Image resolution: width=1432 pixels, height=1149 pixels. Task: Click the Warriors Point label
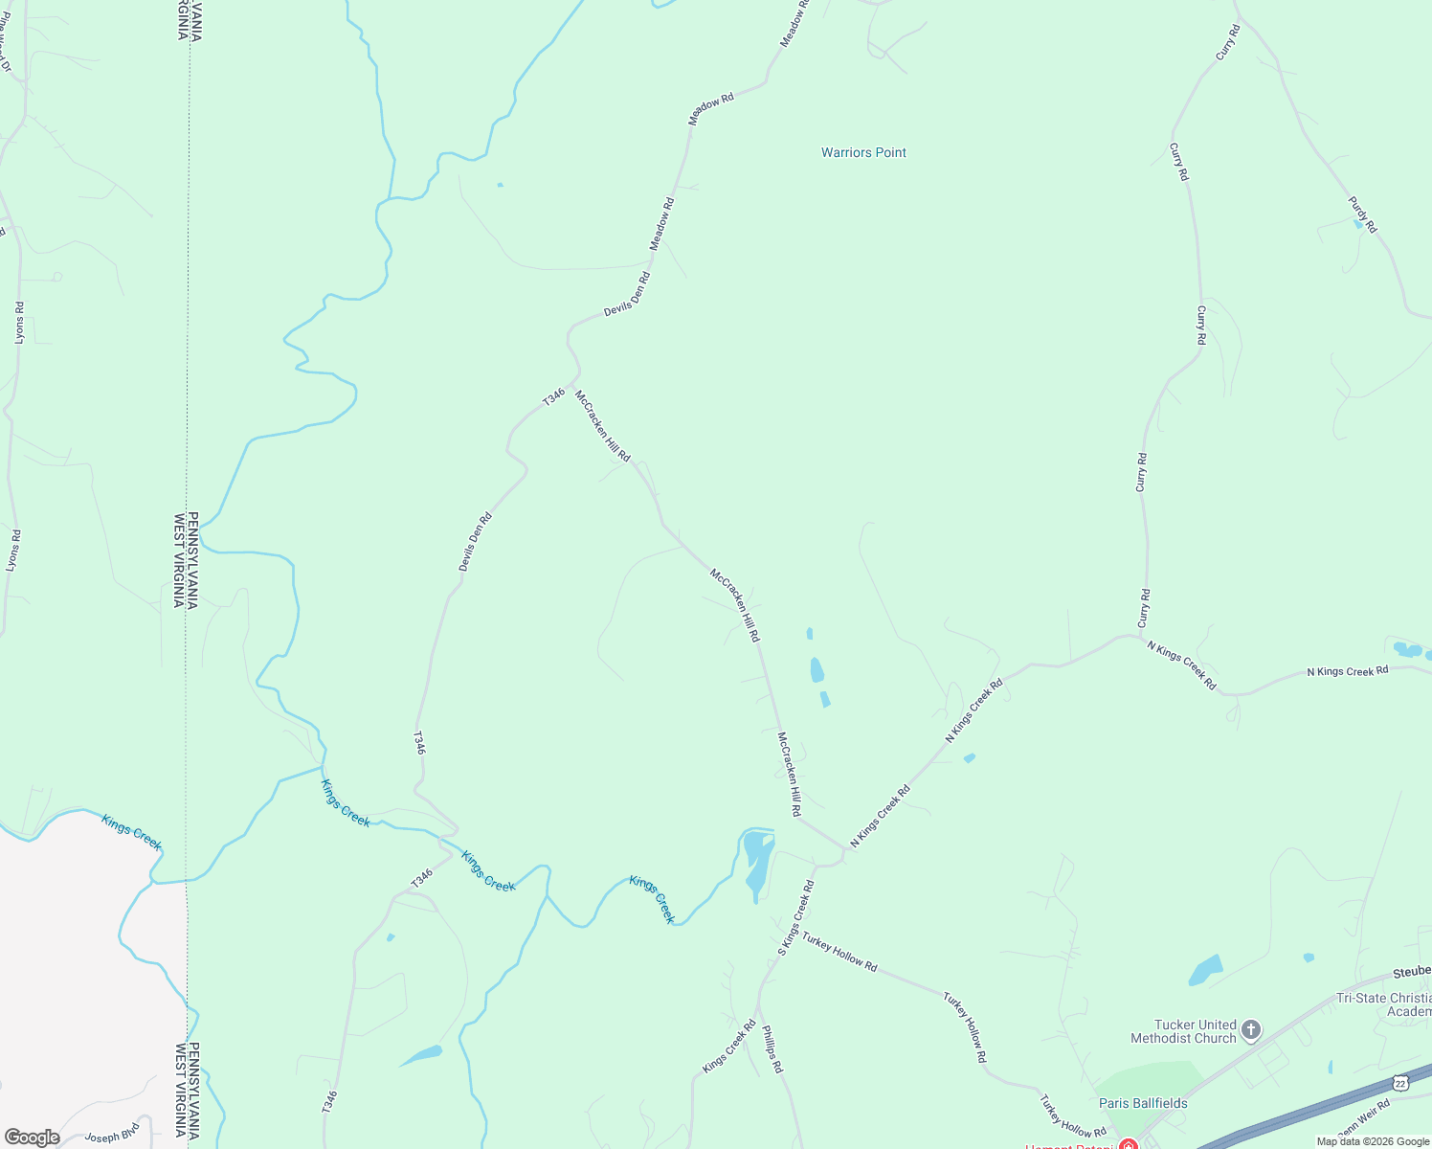tap(863, 152)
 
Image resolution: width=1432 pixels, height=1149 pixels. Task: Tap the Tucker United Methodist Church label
tap(1183, 1031)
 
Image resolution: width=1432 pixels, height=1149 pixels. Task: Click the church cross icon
tap(1250, 1030)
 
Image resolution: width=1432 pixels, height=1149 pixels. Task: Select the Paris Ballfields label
tap(1143, 1103)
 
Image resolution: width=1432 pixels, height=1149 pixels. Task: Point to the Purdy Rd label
tap(1362, 214)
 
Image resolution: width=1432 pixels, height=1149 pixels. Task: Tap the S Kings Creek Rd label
tap(796, 917)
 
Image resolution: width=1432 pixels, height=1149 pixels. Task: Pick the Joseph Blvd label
tap(113, 1136)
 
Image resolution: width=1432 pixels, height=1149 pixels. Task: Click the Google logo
tap(32, 1138)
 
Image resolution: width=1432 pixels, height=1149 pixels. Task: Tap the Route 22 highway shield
tap(1400, 1082)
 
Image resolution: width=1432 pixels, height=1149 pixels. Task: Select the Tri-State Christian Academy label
tap(1384, 1004)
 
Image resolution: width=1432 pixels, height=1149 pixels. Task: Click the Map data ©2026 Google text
tap(1372, 1141)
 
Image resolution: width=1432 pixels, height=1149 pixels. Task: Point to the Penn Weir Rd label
tap(1363, 1119)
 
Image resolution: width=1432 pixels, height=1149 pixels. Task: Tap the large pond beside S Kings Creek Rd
tap(756, 862)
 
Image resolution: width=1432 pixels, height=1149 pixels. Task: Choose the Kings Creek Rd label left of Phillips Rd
tap(729, 1046)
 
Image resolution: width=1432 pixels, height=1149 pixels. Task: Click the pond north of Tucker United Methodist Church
tap(1205, 971)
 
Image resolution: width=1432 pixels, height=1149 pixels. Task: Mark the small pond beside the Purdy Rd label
tap(1358, 224)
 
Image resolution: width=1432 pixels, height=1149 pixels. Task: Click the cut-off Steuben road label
tap(1412, 972)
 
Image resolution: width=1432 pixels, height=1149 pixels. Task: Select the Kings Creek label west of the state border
tap(132, 831)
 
